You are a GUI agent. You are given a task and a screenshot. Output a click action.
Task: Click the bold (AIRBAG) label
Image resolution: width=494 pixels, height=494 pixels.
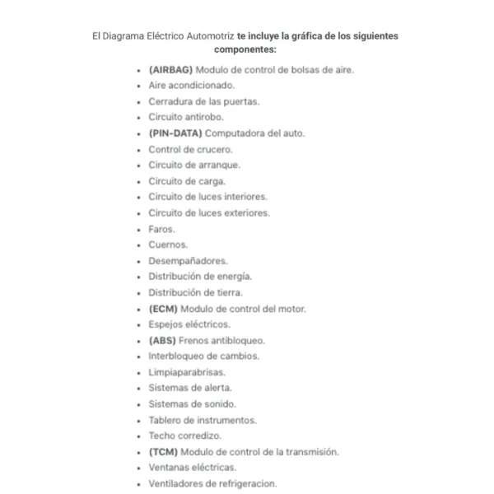[170, 69]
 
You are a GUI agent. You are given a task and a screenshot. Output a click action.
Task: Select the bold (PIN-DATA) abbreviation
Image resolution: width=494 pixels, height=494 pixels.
[175, 133]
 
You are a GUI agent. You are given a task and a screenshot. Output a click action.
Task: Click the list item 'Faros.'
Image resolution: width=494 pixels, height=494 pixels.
[161, 229]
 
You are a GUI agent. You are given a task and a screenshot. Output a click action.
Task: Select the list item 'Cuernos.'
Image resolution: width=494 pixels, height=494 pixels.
[168, 245]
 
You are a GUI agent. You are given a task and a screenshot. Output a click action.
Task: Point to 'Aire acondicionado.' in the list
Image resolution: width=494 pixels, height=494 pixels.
[191, 85]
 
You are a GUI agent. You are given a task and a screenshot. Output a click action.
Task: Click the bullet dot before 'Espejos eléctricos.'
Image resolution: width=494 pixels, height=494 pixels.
[137, 324]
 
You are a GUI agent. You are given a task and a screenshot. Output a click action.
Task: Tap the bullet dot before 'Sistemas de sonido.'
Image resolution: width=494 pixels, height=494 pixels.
[137, 404]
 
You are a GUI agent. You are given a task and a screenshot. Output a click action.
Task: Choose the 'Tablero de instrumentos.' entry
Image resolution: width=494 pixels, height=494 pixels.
[202, 420]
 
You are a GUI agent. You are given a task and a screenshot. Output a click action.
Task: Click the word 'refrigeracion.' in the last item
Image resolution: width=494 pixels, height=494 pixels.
[248, 483]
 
